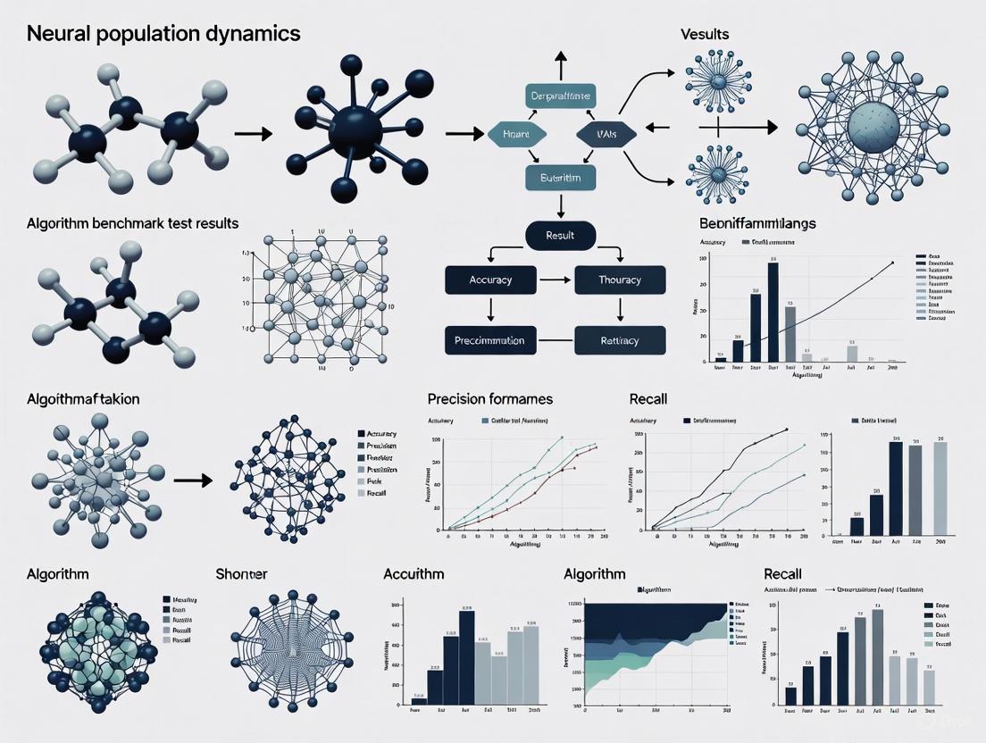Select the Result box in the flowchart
coord(560,236)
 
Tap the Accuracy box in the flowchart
coord(490,280)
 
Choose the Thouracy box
coord(620,280)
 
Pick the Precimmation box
coord(490,340)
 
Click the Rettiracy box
coord(620,340)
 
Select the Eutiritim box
coord(560,179)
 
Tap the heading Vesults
coord(704,34)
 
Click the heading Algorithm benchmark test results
coord(132,222)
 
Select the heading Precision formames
coord(489,399)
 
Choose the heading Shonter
coord(242,574)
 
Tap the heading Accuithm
coord(414,574)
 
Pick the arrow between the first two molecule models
coord(253,134)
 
